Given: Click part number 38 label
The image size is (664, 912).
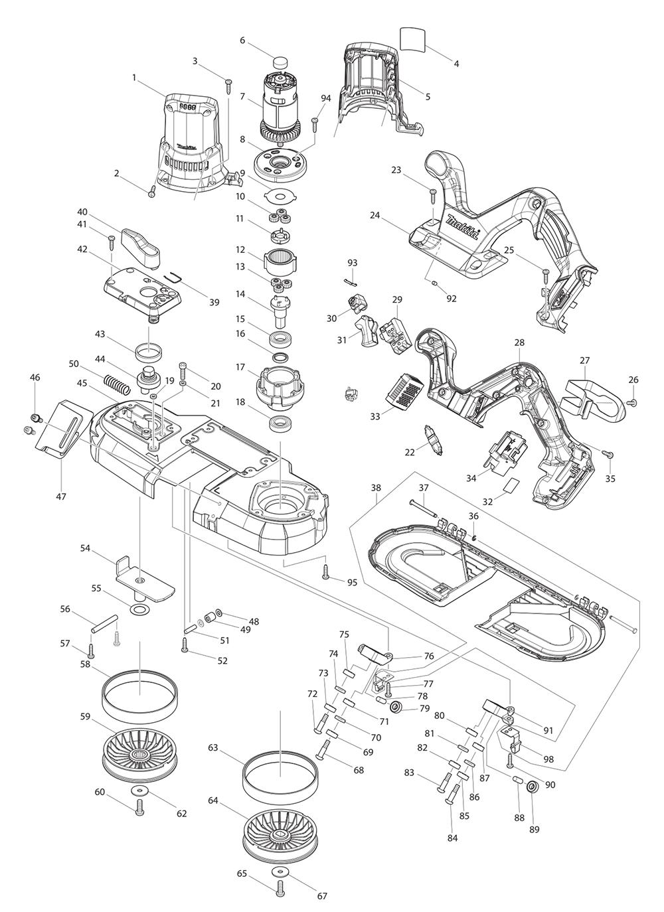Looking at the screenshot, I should pyautogui.click(x=376, y=488).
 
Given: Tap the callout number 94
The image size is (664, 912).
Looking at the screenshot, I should pyautogui.click(x=325, y=98).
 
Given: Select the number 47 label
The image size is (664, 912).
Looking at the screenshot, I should pyautogui.click(x=61, y=496).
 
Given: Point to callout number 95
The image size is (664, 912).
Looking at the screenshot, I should pyautogui.click(x=351, y=581).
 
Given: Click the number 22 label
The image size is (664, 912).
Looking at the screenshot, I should pyautogui.click(x=410, y=451).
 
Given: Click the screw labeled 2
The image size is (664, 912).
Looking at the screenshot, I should pyautogui.click(x=151, y=191).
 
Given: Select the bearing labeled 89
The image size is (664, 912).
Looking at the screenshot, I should pyautogui.click(x=532, y=789).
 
